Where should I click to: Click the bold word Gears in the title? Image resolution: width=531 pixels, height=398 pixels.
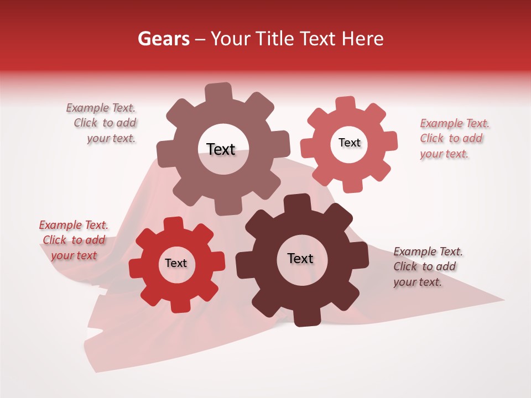[x=162, y=39]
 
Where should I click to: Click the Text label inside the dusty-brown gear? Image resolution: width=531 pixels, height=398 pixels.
[x=221, y=149]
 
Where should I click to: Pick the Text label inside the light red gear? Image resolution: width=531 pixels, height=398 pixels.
[x=349, y=143]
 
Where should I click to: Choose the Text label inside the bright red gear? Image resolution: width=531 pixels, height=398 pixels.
[x=176, y=263]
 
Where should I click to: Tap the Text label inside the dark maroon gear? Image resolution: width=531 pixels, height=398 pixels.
[x=300, y=258]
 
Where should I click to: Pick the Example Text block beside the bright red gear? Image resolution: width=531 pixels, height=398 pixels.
[x=74, y=240]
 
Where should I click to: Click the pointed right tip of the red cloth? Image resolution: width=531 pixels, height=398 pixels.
[x=502, y=300]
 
